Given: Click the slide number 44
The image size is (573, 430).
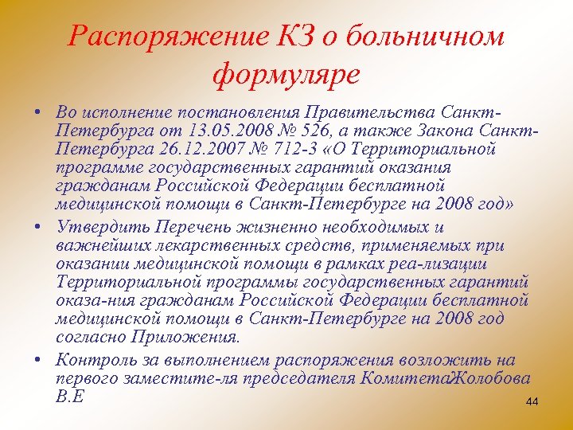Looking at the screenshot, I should tap(532, 403).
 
